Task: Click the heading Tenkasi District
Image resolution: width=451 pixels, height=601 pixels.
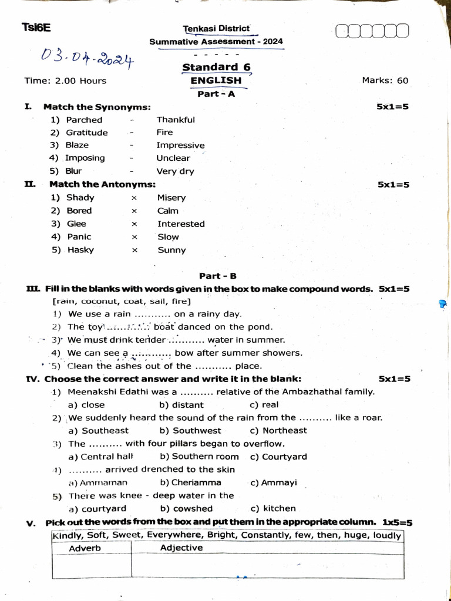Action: pos(216,29)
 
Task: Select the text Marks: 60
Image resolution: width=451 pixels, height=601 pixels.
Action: pos(385,80)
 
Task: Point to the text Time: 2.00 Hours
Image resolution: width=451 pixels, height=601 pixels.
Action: pos(65,80)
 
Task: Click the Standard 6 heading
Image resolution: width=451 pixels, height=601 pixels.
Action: pos(216,67)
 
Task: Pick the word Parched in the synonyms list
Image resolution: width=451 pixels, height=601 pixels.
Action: pos(84,120)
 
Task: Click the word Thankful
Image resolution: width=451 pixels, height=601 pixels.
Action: pos(176,120)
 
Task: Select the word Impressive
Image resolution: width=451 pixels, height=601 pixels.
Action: pos(180,146)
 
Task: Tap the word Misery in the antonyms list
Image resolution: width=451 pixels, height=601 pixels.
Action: pos(171,198)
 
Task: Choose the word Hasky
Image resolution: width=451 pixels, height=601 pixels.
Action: pos(80,250)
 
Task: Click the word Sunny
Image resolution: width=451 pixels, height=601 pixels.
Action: pos(171,250)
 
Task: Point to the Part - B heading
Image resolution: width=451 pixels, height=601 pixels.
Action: pos(218,276)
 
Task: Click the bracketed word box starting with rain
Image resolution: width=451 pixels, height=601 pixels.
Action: pos(122,302)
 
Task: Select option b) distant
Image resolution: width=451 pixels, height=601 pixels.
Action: pos(181,405)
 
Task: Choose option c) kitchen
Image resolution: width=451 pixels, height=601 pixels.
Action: pos(273,509)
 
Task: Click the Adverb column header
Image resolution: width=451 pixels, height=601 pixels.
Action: pos(85,548)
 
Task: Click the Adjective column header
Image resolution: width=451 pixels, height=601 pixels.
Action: pos(181,548)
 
